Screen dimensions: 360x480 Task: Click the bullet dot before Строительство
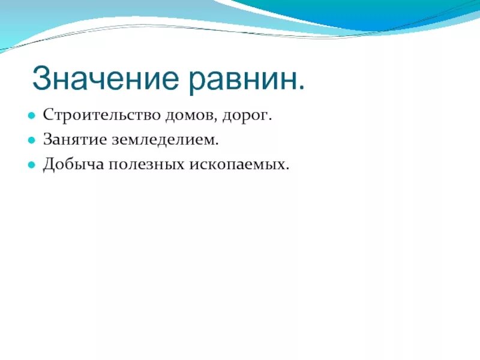pyautogui.click(x=31, y=115)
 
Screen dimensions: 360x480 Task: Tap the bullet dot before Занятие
pyautogui.click(x=31, y=140)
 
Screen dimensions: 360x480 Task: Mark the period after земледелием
pyautogui.click(x=217, y=143)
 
